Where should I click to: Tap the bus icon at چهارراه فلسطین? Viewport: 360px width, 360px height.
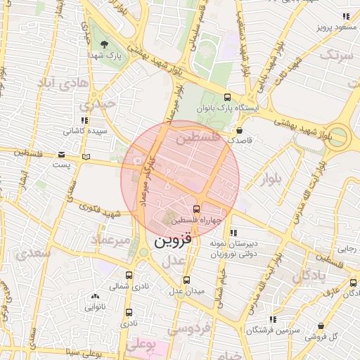pos(196,208)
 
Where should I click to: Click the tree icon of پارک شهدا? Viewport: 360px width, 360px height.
pos(104,44)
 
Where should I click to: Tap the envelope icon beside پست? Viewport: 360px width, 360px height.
pos(63,155)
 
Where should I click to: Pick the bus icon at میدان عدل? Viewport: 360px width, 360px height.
pos(186,280)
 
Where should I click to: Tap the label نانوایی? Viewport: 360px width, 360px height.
pos(95,307)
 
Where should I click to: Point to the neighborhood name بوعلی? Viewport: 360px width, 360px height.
pos(141,344)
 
